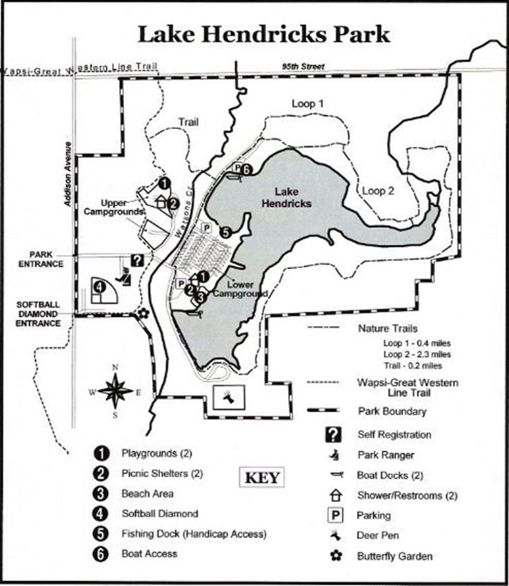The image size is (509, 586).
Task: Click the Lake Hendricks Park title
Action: (264, 35)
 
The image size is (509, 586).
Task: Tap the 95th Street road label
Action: (303, 67)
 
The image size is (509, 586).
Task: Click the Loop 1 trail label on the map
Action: (308, 104)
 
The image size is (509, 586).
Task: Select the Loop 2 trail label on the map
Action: (378, 191)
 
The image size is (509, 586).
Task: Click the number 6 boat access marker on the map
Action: (246, 170)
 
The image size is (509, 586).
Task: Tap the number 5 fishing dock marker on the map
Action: (225, 233)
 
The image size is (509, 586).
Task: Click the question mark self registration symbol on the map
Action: (138, 260)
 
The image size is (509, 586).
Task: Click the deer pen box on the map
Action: (229, 397)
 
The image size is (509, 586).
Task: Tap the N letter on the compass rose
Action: (115, 368)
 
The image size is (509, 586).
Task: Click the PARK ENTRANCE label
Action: (41, 259)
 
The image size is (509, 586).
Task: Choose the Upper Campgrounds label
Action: (114, 207)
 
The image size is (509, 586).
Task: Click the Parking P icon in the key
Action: (335, 515)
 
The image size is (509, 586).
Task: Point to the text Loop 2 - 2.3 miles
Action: (417, 354)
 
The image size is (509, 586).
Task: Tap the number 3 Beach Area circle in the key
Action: (100, 494)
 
